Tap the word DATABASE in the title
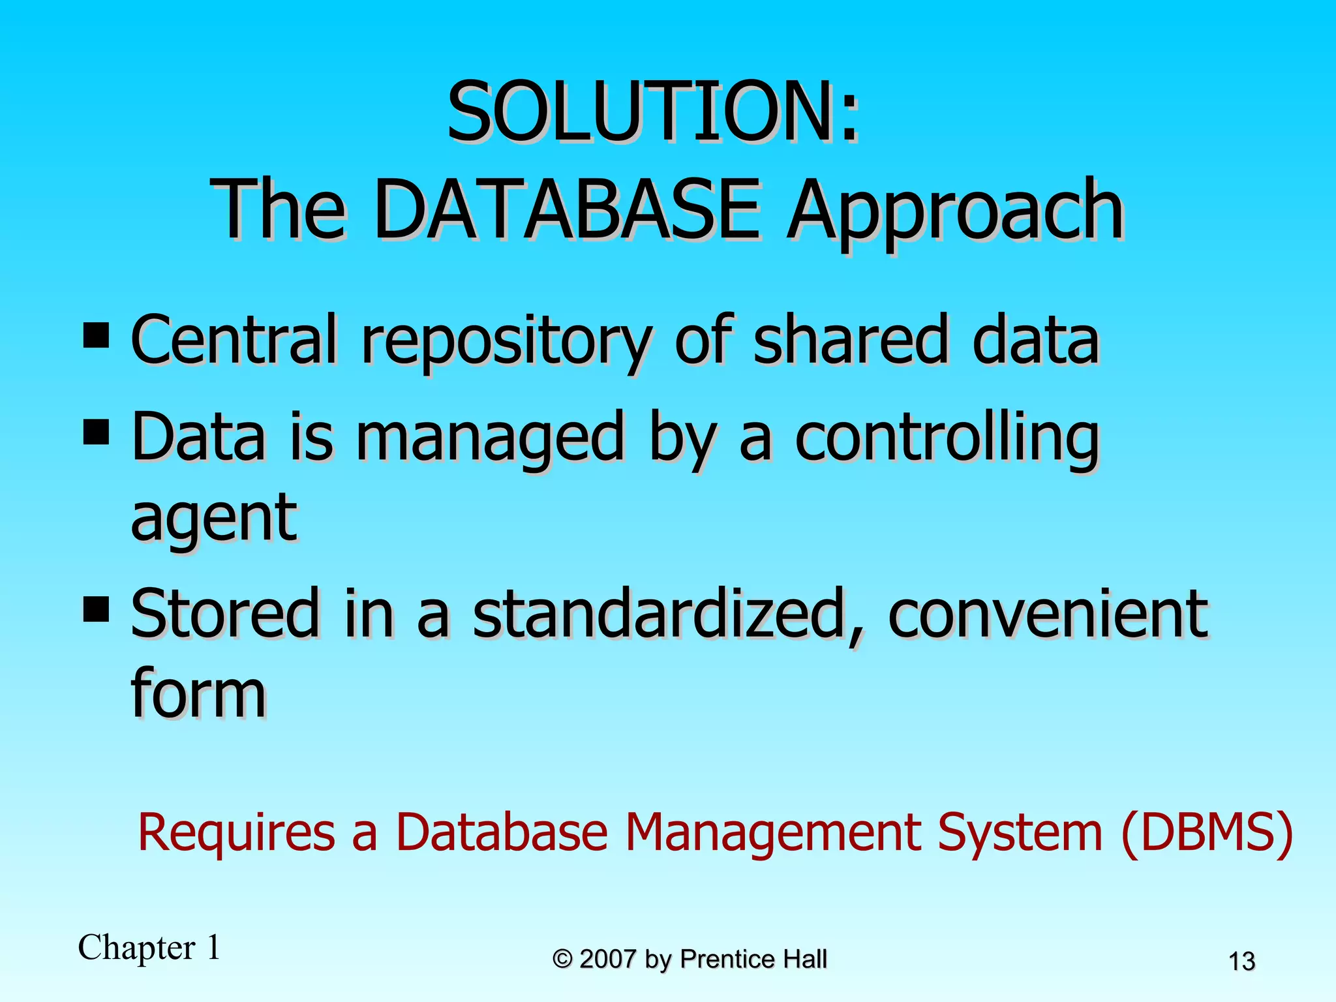[x=566, y=211]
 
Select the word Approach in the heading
[x=954, y=212]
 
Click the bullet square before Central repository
[x=97, y=337]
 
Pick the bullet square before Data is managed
[x=97, y=433]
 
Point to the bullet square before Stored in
[x=97, y=611]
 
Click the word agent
[x=214, y=519]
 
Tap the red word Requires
[x=236, y=832]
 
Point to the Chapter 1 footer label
[x=149, y=947]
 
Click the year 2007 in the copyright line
[x=607, y=959]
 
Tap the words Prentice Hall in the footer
[x=753, y=959]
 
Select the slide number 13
[x=1241, y=962]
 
